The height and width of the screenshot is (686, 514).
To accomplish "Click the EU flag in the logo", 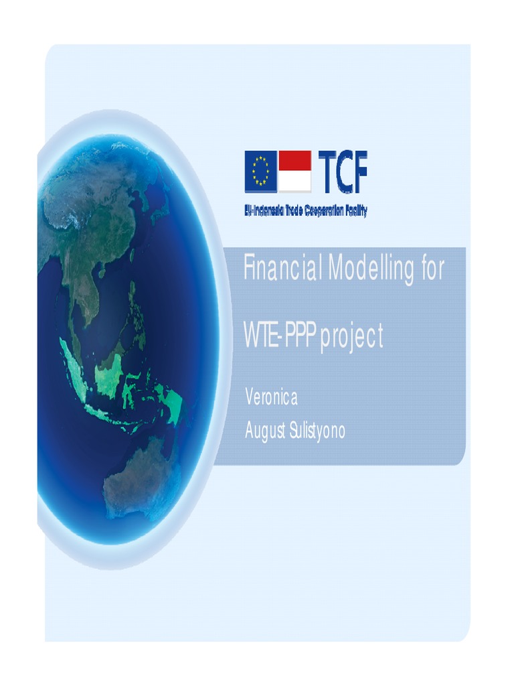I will [260, 171].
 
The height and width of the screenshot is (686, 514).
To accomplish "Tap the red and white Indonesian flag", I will [294, 171].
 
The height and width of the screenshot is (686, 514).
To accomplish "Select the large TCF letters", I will [342, 171].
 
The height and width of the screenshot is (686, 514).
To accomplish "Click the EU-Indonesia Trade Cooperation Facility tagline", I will [305, 210].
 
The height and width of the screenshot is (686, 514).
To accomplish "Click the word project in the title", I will [352, 338].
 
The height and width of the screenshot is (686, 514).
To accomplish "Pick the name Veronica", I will [271, 397].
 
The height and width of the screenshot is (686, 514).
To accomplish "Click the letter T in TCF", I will [325, 171].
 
